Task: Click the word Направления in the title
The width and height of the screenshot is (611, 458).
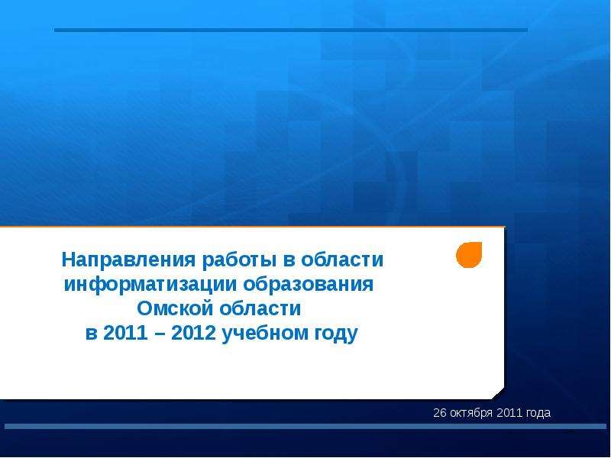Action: (x=128, y=260)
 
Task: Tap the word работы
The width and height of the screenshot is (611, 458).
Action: (x=239, y=260)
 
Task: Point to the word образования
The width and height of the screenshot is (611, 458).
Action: (x=309, y=284)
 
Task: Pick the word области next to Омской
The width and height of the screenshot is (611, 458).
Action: (x=260, y=308)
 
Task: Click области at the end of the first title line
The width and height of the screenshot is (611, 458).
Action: (x=342, y=260)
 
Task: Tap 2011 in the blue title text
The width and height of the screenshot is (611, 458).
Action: (x=125, y=333)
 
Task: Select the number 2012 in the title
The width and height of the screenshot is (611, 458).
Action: (x=194, y=333)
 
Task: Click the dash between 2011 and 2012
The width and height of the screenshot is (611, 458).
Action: (x=160, y=334)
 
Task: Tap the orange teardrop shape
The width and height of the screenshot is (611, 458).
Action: (x=469, y=255)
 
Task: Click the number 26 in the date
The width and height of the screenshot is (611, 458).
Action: (x=440, y=413)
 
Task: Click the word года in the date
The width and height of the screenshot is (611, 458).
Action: (x=538, y=413)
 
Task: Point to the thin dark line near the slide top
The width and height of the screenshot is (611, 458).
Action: (x=291, y=30)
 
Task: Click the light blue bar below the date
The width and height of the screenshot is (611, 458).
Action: (x=305, y=427)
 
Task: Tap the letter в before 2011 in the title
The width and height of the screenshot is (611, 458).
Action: (x=91, y=334)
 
